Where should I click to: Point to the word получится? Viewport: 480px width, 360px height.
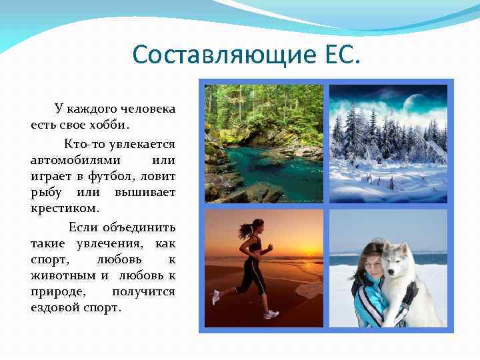pos(143,291)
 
